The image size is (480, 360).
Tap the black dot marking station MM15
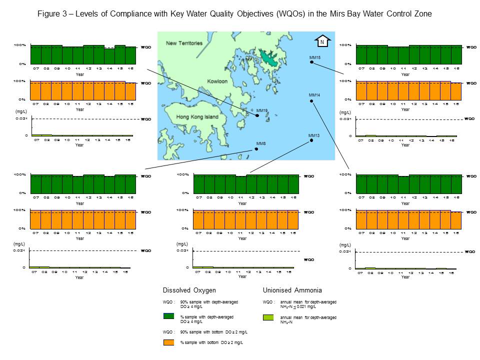pos(311,63)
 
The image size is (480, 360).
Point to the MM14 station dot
pos(311,101)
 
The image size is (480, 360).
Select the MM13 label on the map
pos(314,135)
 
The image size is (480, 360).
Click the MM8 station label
pos(261,144)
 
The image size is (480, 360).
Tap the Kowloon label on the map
pos(216,81)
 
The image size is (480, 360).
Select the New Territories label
pos(184,43)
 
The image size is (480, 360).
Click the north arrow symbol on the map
pos(322,42)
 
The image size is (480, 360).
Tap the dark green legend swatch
pos(170,317)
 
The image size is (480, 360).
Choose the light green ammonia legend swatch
pos(270,317)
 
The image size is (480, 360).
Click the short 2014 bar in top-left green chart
pos(109,56)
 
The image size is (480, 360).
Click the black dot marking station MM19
pos(257,115)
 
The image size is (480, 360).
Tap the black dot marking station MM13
pos(311,140)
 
